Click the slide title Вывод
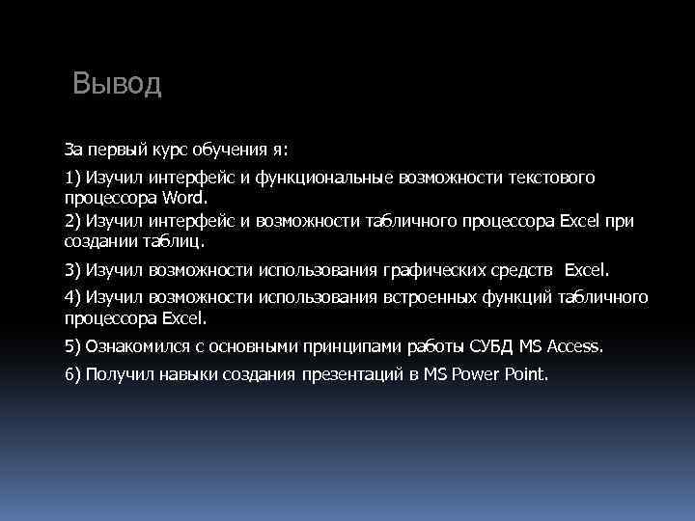(118, 84)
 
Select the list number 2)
(73, 220)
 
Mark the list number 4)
(73, 295)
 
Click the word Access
(576, 344)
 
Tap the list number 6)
(73, 374)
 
